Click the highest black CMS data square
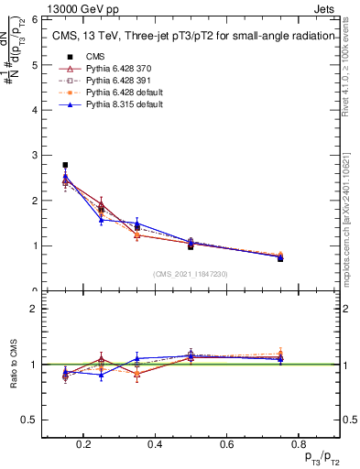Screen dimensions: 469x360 (x=65, y=165)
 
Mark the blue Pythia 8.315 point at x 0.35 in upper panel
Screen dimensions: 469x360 (x=136, y=223)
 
